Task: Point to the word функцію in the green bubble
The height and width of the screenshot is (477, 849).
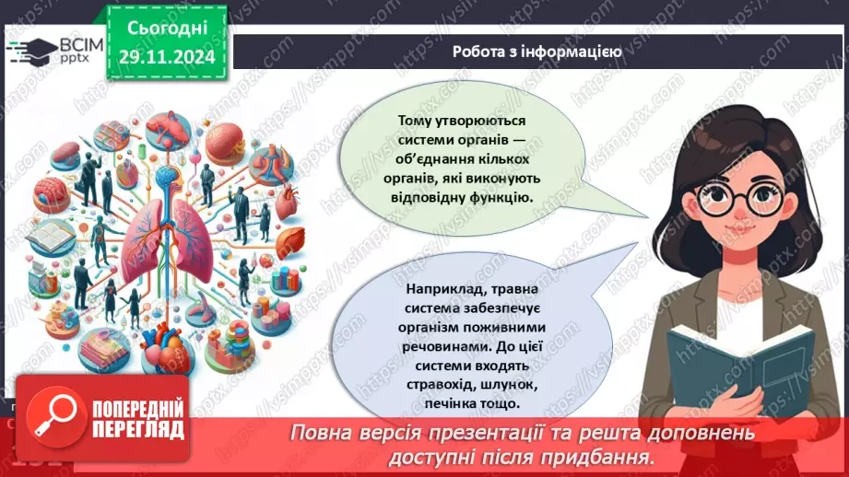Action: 502,196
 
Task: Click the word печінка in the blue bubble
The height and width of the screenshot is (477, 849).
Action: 454,403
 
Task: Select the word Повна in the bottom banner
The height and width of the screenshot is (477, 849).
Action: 318,433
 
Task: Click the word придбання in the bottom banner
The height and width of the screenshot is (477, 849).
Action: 612,456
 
